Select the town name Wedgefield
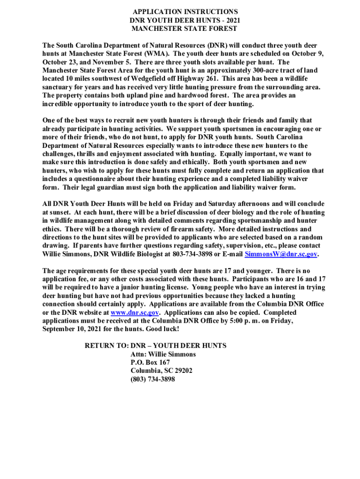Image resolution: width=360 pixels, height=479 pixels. (x=149, y=79)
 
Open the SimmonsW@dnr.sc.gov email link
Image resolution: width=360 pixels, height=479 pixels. (x=281, y=254)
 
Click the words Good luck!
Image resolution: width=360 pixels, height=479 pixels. (x=163, y=329)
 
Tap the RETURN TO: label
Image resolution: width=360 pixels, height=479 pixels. (x=106, y=346)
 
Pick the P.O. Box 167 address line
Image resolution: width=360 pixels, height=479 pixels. (x=150, y=363)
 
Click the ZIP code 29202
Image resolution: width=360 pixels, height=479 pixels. (x=182, y=371)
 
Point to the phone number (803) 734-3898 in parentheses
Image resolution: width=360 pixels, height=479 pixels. (x=153, y=379)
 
